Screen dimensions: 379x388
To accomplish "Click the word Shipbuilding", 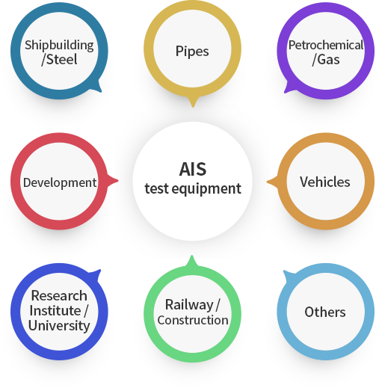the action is pos(59,46).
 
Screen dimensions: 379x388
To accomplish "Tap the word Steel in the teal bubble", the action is pos(62,60).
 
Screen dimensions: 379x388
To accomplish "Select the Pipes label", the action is pos(192,52).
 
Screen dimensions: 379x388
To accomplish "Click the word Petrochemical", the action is pos(326,45).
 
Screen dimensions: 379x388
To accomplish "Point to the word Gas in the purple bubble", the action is pos(328,60).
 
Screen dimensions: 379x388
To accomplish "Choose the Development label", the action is pos(60,182).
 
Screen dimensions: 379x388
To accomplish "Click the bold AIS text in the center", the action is pos(193,169).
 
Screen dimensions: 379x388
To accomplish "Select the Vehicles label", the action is pos(325,182).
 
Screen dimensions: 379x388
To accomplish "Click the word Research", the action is pos(59,296).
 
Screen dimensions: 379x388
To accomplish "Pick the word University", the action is pos(59,326).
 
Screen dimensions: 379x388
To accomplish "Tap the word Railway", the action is pos(189,305).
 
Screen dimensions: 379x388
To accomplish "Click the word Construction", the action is pos(193,320).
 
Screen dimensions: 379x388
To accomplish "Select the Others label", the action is pos(325,312).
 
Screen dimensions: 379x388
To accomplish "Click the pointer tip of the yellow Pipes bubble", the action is pos(193,107).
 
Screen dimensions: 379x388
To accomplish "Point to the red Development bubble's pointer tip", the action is pos(117,181).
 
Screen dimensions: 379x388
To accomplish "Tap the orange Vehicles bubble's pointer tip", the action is pos(268,182).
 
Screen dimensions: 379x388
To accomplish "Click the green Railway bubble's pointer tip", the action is pos(192,256).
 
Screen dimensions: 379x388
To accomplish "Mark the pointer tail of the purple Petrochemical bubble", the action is pos(285,93).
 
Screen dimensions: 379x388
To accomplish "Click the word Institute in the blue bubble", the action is pos(55,311).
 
